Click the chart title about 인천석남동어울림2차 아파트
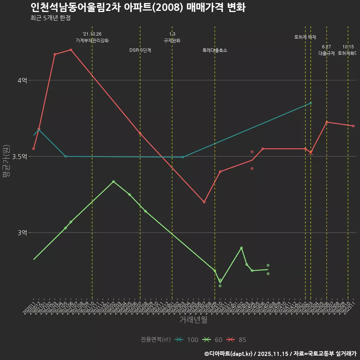coord(138,7)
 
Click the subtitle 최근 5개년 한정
coord(51,18)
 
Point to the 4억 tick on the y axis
coord(22,80)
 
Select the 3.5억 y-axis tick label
coord(19,156)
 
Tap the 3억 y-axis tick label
coord(22,232)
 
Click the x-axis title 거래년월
coord(193,320)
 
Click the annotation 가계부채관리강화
coord(92,40)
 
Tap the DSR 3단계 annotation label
coord(140,50)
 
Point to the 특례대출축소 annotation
coord(215,50)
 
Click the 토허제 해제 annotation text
coord(305,37)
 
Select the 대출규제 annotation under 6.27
coord(327,53)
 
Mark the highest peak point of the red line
coord(71,50)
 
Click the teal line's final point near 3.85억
coord(310,103)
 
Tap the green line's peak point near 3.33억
coord(114,181)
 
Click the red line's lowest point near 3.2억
coord(204,202)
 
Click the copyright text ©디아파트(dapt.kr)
coord(231,353)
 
